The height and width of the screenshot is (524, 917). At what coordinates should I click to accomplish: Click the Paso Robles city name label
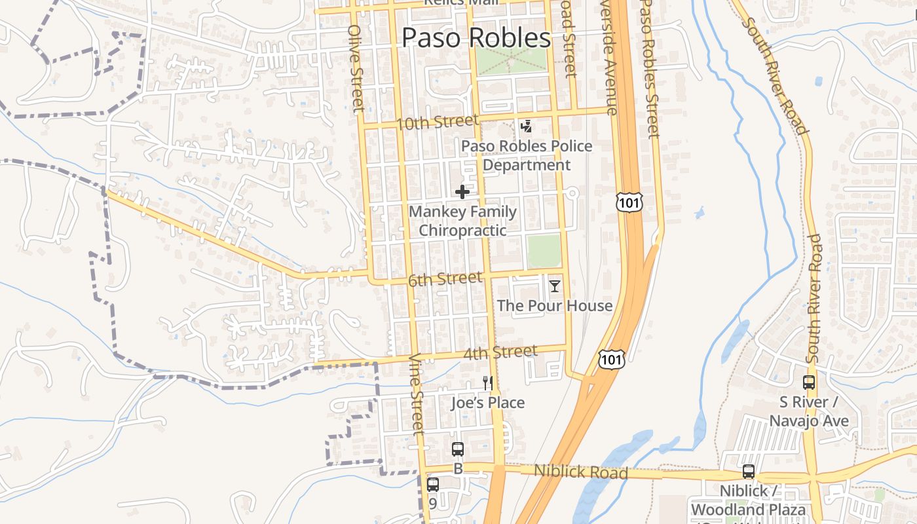click(x=476, y=38)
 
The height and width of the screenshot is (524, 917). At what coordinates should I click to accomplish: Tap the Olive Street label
click(x=356, y=68)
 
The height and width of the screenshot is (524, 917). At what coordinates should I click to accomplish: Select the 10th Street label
click(x=438, y=122)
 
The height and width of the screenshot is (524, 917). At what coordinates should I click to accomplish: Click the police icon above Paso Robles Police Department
click(x=526, y=126)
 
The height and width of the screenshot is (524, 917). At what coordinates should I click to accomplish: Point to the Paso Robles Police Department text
click(x=527, y=155)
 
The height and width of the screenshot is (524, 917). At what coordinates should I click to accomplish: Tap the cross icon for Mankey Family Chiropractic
click(x=462, y=192)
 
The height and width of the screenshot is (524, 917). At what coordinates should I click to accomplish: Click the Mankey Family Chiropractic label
click(x=462, y=221)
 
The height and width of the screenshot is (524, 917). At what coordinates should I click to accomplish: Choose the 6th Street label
click(x=445, y=280)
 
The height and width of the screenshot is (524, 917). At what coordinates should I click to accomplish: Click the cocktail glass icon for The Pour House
click(x=555, y=286)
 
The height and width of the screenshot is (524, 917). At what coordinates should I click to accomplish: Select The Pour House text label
click(x=555, y=306)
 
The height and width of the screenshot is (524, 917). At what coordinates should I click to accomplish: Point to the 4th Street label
click(x=500, y=353)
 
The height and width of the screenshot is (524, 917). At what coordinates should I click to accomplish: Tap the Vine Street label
click(x=417, y=394)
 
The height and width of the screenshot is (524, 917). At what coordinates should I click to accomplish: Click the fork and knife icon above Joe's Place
click(x=487, y=383)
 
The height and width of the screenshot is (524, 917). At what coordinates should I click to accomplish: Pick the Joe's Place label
click(x=487, y=402)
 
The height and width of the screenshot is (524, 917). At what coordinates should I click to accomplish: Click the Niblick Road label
click(x=580, y=472)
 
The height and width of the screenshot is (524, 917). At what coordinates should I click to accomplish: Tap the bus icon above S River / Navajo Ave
click(x=809, y=383)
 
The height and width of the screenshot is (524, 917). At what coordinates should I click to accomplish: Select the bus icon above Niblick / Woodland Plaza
click(x=748, y=472)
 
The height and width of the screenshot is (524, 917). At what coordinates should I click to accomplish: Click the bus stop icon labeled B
click(x=458, y=449)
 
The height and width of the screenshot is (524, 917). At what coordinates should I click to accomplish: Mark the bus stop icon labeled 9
click(x=432, y=485)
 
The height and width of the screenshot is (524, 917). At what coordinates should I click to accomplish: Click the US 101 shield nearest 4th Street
click(x=611, y=359)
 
